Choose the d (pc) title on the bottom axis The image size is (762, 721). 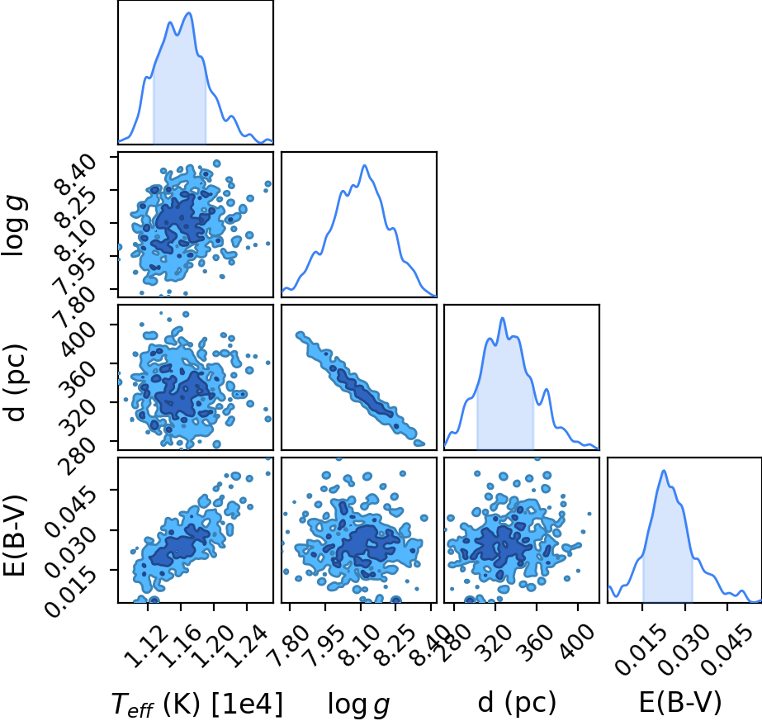pyautogui.click(x=517, y=703)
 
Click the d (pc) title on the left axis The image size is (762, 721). pyautogui.click(x=15, y=382)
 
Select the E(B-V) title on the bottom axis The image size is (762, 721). pyautogui.click(x=680, y=703)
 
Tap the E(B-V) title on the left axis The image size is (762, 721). pyautogui.click(x=15, y=535)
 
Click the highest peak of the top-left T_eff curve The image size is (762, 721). pyautogui.click(x=189, y=12)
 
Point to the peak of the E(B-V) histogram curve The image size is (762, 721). pyautogui.click(x=664, y=470)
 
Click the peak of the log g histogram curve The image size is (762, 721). pyautogui.click(x=364, y=165)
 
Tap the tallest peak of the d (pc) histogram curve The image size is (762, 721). pyautogui.click(x=503, y=318)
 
